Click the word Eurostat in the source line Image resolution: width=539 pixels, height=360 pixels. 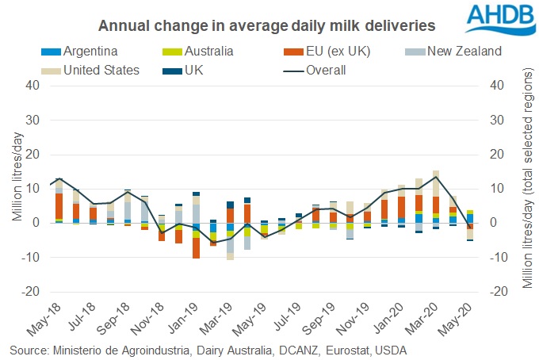(x=342, y=349)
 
